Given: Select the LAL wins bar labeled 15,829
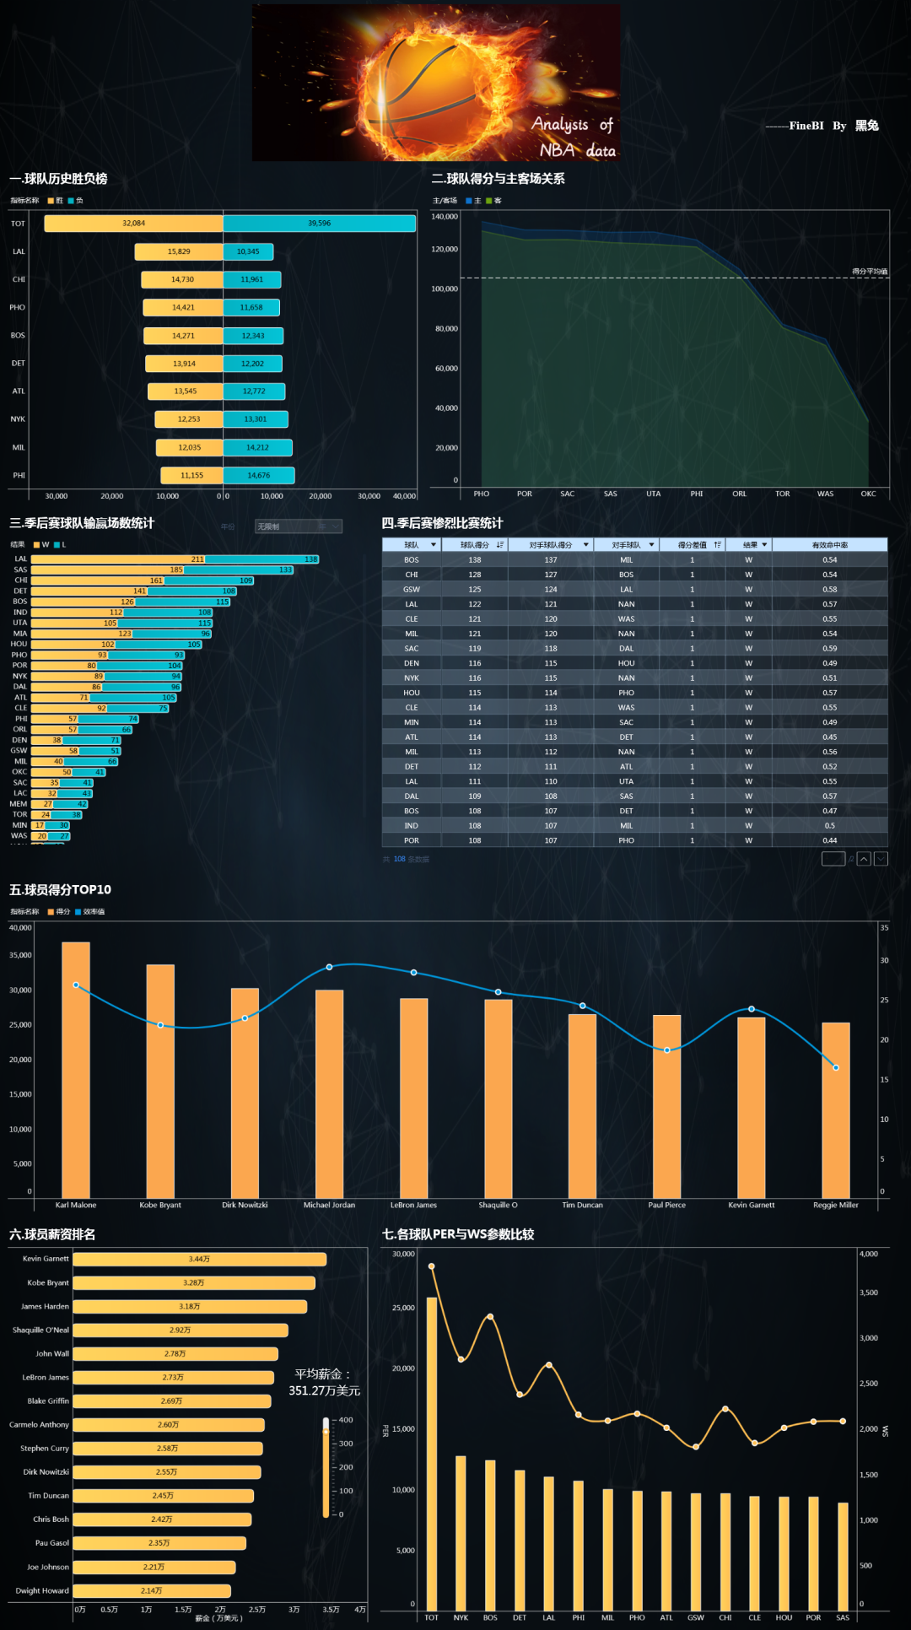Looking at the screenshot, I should coord(179,251).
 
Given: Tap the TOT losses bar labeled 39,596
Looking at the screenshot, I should coord(319,224).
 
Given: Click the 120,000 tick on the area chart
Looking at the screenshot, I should coord(445,250).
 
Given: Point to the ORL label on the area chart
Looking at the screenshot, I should coord(739,494).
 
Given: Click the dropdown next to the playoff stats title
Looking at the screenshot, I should coord(299,526).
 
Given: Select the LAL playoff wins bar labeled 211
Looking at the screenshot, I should coord(118,559).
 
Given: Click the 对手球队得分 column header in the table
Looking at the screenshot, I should coord(551,545).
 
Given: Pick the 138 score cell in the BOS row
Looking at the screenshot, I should coord(475,560).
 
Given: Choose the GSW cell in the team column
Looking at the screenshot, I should coord(412,590).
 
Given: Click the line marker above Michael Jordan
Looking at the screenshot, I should coord(329,967).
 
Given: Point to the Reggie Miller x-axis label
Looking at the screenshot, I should coord(835,1206).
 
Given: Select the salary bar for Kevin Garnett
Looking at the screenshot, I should coord(199,1260).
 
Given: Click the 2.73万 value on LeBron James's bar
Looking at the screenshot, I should coord(173,1378).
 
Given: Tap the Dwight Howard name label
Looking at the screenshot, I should coord(42,1591).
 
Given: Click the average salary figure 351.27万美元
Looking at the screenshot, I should coord(324,1390).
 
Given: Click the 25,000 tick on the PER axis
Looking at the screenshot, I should coord(403,1308).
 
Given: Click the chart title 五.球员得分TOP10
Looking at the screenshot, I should coord(60,890).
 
